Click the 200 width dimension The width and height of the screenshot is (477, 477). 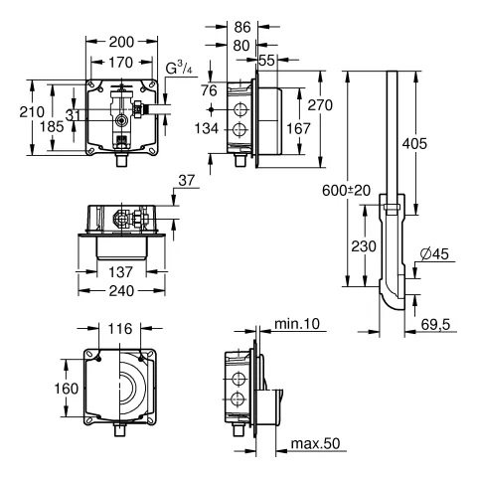(x=120, y=44)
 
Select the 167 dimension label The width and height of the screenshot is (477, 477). (x=298, y=128)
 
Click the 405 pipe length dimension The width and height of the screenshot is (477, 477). (x=445, y=143)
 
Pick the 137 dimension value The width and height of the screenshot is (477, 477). (x=120, y=271)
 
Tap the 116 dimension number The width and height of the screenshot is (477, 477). (x=120, y=327)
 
